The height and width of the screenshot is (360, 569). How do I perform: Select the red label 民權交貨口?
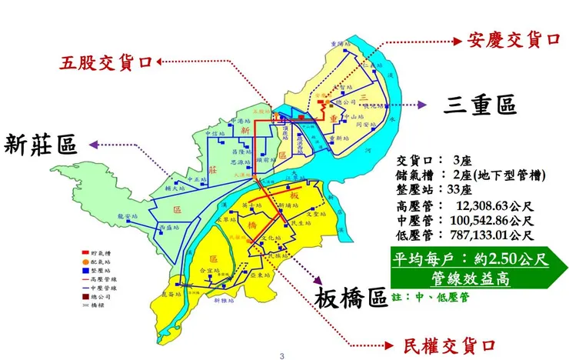coord(446,345)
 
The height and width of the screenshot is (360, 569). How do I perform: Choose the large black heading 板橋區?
coord(351,298)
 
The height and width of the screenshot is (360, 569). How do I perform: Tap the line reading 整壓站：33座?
coord(438,191)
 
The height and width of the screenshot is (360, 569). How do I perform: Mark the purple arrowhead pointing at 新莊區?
coord(92,143)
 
